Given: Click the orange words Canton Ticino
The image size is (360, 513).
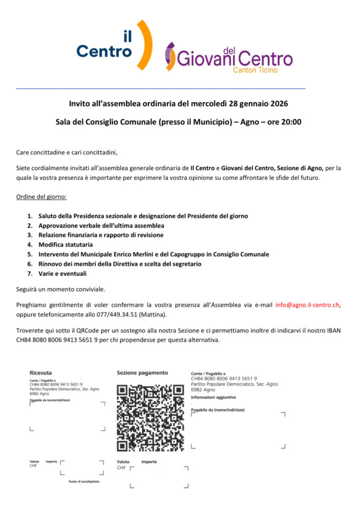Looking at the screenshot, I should coord(255,70).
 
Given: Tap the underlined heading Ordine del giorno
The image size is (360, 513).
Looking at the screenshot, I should coord(41,196).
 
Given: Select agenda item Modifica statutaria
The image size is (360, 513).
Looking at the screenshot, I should coord(65,244).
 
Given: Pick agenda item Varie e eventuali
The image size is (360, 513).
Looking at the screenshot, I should coord(62,273).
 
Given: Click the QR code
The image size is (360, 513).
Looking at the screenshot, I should coord(150,417).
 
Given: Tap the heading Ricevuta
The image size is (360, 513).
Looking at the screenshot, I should coord(41,373).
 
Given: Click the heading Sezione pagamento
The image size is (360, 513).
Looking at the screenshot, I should coord(142,373).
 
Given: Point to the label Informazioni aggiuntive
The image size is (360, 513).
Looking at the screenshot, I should coord(213,397).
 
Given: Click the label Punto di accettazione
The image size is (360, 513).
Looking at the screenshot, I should coord(84,481).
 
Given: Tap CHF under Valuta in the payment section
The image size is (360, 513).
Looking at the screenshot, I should coord(121,468).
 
